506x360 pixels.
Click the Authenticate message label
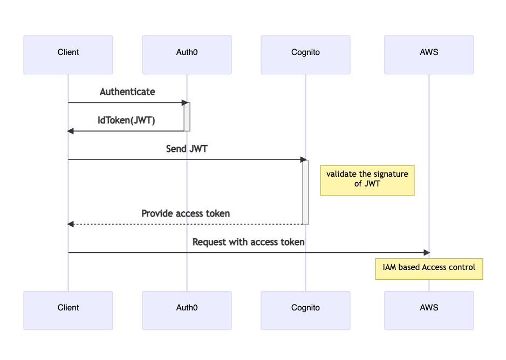(x=127, y=92)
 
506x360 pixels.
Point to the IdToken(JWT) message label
(x=126, y=120)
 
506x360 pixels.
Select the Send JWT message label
(x=187, y=149)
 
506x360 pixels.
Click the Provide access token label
(x=186, y=213)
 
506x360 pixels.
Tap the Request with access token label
(x=248, y=242)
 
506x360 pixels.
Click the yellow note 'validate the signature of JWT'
(x=367, y=180)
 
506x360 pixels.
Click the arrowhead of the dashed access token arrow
(x=71, y=224)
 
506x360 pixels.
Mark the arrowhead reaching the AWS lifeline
(x=426, y=252)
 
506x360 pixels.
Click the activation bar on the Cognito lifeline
(x=305, y=191)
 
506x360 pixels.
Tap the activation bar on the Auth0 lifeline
(x=187, y=116)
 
